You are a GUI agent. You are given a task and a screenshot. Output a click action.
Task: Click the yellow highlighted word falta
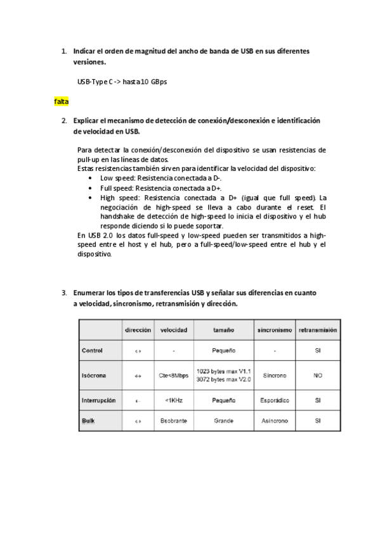[x=62, y=101]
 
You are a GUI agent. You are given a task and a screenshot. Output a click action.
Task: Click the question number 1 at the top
[x=63, y=50]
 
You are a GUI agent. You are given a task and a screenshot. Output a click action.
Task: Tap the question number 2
[x=63, y=120]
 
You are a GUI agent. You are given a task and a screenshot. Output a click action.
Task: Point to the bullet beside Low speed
[x=93, y=179]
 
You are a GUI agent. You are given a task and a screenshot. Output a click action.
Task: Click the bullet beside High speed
[x=93, y=198]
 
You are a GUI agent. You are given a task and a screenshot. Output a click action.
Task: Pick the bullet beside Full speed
[x=93, y=188]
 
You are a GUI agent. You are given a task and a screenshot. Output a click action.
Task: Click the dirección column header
[x=138, y=330]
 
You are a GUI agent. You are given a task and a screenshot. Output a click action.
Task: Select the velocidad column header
[x=173, y=330]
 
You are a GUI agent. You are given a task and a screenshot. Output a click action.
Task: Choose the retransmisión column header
[x=317, y=330]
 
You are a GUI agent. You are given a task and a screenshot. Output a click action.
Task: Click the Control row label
[x=93, y=350]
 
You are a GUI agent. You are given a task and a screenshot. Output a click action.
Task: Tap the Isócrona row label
[x=94, y=376]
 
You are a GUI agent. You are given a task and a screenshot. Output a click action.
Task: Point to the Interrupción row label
[x=98, y=400]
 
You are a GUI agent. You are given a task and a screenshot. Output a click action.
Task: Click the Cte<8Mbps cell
[x=173, y=376]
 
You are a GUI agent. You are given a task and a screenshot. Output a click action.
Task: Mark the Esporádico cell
[x=276, y=400]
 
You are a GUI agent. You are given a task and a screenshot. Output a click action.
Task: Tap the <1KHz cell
[x=173, y=400]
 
